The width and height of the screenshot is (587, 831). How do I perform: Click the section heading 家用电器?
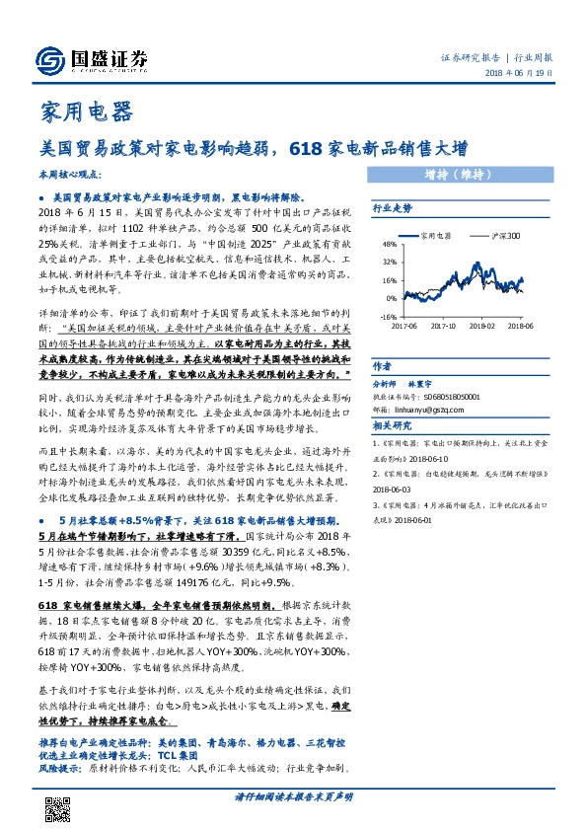85,112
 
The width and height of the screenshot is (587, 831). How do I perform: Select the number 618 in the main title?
304,150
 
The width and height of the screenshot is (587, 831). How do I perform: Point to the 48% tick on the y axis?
389,243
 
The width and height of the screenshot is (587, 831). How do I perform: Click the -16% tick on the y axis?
389,316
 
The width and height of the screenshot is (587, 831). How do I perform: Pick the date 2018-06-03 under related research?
395,490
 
